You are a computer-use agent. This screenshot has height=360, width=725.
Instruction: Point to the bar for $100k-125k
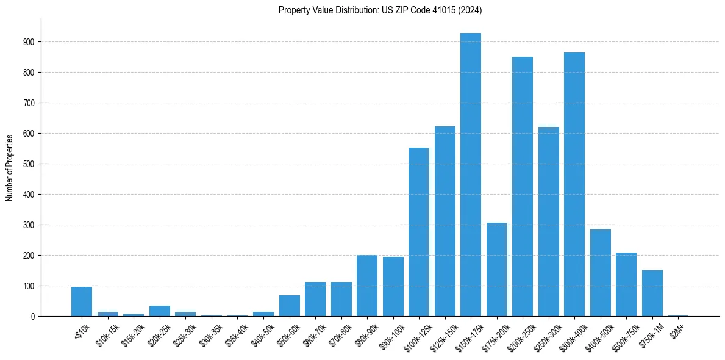[x=419, y=232]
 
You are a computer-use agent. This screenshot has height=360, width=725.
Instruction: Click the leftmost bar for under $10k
[x=82, y=301]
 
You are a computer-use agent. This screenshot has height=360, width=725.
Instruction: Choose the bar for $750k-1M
[x=652, y=293]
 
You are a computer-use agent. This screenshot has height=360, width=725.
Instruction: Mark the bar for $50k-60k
[x=290, y=306]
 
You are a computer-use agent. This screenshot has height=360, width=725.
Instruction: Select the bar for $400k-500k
[x=601, y=273]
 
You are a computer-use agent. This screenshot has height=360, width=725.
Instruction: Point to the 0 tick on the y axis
[x=34, y=317]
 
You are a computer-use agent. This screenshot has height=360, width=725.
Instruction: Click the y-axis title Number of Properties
[x=9, y=167]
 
